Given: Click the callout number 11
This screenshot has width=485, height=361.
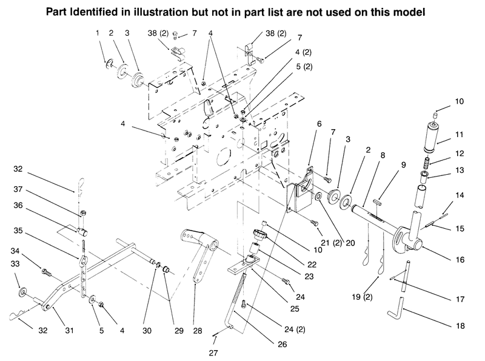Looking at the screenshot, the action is pos(460,135).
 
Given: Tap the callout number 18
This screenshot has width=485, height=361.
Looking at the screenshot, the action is pos(460,326).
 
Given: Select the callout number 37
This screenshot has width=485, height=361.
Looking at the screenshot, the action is pos(18,189).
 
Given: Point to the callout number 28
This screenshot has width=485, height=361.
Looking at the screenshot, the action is pos(198,331).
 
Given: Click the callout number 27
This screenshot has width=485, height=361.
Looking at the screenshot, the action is pos(213,353).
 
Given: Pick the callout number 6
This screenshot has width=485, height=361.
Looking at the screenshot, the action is pos(319,124).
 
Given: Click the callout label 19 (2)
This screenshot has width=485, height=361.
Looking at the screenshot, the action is pos(362,297).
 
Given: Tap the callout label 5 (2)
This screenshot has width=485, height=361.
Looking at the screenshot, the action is pos(304,67).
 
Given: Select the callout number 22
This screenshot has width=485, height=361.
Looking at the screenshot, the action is pos(312,265).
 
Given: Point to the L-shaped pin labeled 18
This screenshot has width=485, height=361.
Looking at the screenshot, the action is pos(396,308).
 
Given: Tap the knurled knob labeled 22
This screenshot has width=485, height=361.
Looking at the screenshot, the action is pos(259,234).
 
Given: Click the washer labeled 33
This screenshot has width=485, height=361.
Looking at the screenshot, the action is pos(22,292).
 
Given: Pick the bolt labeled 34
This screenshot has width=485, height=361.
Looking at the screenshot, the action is pos(46,272).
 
